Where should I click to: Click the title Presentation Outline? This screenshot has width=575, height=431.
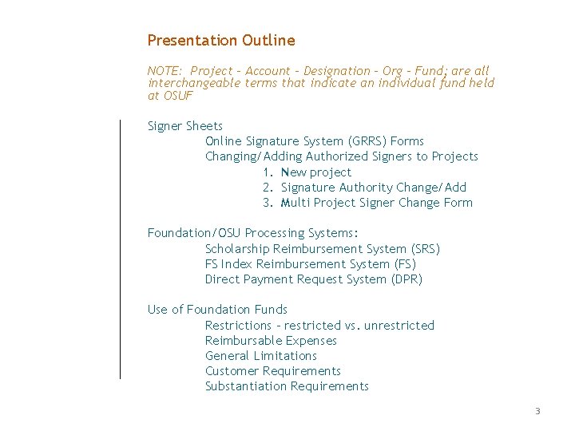point(221,41)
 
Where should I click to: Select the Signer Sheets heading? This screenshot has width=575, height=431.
point(185,126)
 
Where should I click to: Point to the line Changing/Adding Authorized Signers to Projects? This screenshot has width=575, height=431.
point(341,156)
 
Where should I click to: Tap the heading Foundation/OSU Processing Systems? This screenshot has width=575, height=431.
point(253,233)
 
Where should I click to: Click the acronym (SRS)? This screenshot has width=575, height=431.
point(425,249)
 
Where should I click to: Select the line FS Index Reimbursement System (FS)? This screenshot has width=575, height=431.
point(310,264)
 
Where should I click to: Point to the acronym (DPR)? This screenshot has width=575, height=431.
point(405,279)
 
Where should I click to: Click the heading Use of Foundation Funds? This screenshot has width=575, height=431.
point(217,310)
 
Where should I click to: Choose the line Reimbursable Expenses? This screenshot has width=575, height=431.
point(271,341)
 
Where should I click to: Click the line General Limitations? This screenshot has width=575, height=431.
point(260,356)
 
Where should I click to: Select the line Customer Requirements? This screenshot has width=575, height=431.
point(272,371)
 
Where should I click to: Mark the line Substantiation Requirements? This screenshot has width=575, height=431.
point(287,386)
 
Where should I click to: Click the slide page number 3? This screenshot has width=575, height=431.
point(537,412)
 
